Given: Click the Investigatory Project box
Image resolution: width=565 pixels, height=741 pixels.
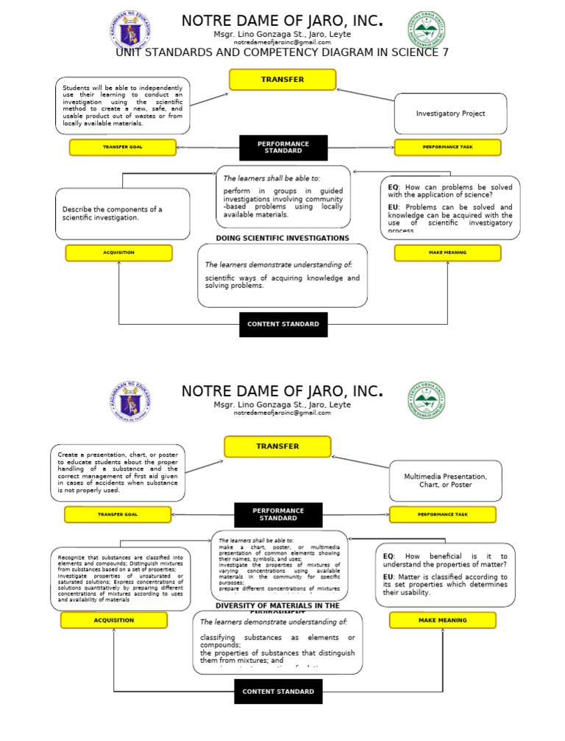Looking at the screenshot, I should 450,113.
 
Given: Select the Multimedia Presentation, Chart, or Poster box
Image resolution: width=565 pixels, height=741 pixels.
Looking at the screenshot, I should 445,480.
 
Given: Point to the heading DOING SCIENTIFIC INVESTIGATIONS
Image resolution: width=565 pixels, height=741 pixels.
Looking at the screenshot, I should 282,238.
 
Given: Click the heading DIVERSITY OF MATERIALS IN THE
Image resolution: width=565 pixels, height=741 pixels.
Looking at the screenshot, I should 277,605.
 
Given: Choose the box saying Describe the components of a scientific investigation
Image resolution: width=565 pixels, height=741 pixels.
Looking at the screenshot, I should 122,214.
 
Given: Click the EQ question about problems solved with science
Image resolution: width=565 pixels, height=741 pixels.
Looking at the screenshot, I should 450,192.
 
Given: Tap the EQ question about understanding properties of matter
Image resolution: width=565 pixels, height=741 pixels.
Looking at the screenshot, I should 445,561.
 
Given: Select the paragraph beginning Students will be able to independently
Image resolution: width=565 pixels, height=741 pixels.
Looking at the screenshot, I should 122,105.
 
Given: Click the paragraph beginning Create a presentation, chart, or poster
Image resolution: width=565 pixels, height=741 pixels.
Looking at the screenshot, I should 118,473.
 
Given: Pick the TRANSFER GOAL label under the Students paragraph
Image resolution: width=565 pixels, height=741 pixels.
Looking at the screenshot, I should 122,147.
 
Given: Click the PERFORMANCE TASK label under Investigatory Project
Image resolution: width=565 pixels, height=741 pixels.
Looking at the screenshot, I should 447,147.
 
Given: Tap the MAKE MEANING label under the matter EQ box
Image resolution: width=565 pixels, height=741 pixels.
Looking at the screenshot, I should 442,620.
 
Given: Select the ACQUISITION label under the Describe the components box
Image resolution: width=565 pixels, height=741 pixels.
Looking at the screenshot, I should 118,253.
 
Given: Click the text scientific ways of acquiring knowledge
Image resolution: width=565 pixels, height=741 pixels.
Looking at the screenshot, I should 282,281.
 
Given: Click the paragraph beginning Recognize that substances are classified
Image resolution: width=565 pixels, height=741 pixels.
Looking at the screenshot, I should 121,579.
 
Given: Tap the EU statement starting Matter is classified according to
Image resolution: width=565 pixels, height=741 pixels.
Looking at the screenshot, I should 445,585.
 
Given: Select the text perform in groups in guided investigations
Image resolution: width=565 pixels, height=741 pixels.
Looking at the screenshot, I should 282,203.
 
